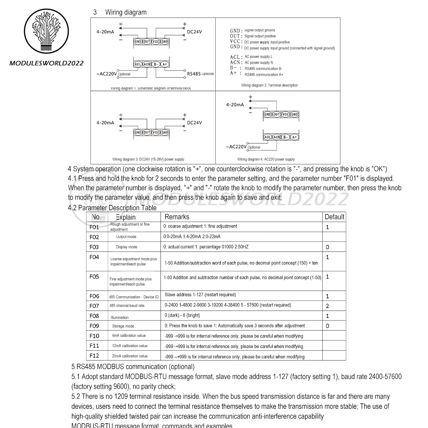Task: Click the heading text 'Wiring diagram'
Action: pos(126,12)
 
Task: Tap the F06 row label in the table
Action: pos(94,296)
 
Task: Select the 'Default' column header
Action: pos(334,217)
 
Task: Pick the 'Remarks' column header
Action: pos(177,217)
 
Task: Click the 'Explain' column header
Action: pos(125,217)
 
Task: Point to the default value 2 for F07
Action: pos(327,306)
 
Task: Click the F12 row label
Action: pos(94,356)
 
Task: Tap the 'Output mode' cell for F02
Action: pos(126,237)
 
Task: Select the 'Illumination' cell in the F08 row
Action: pos(119,317)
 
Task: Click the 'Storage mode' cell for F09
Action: pos(123,326)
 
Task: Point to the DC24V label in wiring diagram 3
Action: pos(194,122)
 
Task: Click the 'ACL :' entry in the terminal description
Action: pos(236,57)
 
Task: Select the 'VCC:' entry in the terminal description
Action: pos(236,42)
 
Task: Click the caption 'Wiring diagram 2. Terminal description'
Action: pos(269,85)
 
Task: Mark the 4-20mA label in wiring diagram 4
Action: pos(235,104)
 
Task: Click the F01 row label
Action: pos(94,227)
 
